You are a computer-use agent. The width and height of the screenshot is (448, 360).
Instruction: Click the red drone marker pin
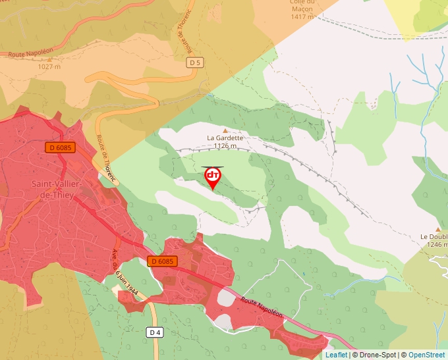pyautogui.click(x=213, y=176)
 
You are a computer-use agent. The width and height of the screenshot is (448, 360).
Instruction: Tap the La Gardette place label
pyautogui.click(x=225, y=138)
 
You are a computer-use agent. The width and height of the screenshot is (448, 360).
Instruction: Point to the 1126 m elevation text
pyautogui.click(x=225, y=146)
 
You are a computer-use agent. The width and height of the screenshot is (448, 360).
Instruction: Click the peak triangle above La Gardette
pyautogui.click(x=225, y=130)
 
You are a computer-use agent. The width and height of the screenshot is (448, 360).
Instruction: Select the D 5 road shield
pyautogui.click(x=194, y=63)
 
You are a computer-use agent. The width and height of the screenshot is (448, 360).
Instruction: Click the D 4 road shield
pyautogui.click(x=155, y=332)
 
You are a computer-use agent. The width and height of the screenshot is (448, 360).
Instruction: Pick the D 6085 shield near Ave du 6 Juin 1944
pyautogui.click(x=162, y=261)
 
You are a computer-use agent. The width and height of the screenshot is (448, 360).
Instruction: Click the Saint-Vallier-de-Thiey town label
pyautogui.click(x=56, y=188)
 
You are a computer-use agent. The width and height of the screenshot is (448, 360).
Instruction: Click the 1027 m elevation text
pyautogui.click(x=49, y=66)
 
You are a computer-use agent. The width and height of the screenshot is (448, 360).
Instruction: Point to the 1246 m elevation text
pyautogui.click(x=437, y=245)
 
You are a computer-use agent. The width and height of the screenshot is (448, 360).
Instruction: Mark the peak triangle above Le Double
pyautogui.click(x=437, y=229)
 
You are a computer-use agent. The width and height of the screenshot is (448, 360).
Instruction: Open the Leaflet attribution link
pyautogui.click(x=336, y=355)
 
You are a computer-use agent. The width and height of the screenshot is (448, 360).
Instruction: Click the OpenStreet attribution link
pyautogui.click(x=428, y=355)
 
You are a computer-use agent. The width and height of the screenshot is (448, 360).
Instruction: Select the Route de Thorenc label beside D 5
pyautogui.click(x=185, y=32)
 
